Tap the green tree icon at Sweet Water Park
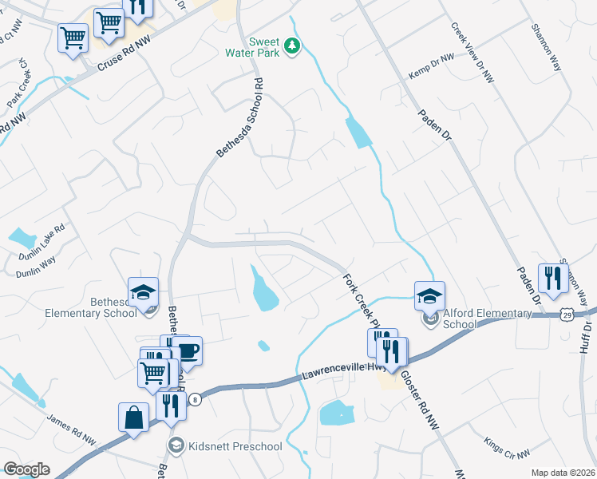point(294,46)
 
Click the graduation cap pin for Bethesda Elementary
point(144,293)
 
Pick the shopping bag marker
point(133,418)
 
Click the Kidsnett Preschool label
point(235,445)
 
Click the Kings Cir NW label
point(507,448)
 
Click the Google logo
point(26,469)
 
